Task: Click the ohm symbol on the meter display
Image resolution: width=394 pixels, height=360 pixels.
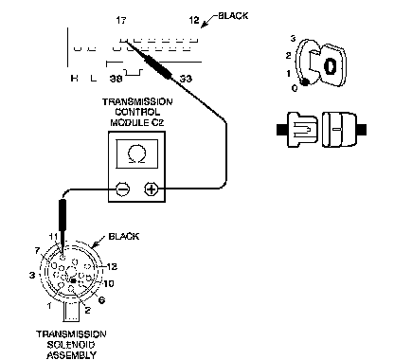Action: pos(137,153)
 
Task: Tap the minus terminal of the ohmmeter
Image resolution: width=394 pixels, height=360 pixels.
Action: pos(122,189)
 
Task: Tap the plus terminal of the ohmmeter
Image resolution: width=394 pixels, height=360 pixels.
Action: pos(152,189)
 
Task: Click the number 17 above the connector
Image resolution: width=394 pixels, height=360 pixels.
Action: pos(121,21)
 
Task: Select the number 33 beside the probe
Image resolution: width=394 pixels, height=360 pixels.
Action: pos(186,79)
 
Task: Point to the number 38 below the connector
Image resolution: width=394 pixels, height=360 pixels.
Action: pos(116,79)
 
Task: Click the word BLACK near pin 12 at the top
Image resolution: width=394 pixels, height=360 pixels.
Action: pos(233,16)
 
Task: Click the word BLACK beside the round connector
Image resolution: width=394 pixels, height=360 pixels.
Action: pos(124,237)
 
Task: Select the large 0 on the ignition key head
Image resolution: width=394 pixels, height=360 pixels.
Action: pos(330,66)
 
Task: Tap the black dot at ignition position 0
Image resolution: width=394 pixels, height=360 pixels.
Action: pos(305,82)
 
